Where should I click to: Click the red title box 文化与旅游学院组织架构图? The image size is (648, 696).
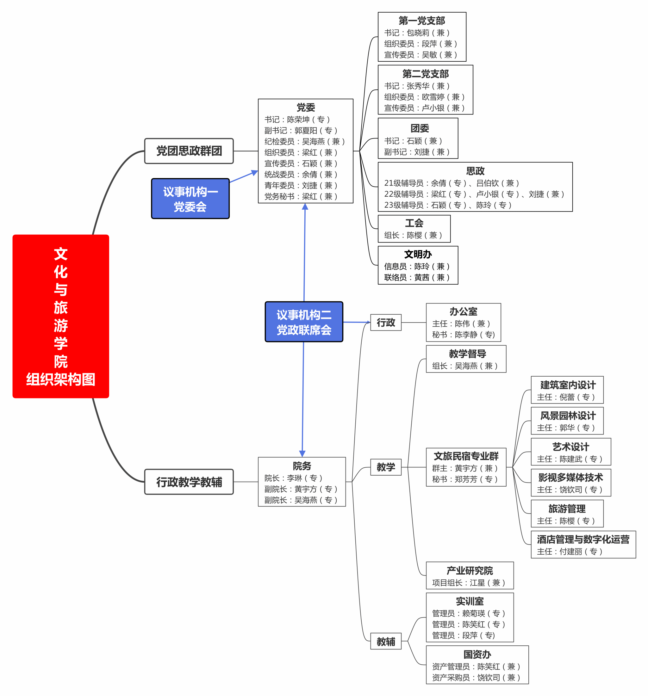click(x=61, y=316)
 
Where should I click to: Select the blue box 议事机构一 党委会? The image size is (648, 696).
click(x=190, y=199)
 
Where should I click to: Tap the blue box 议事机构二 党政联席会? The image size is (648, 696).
click(x=304, y=322)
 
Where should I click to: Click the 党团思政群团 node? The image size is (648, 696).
click(x=189, y=151)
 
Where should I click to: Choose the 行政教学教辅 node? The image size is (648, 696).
click(x=189, y=482)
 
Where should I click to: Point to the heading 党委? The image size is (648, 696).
click(x=305, y=107)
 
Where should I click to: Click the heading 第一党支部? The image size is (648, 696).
click(x=422, y=21)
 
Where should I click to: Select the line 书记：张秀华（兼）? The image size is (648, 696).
click(x=416, y=86)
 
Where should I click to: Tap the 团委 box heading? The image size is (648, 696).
click(x=420, y=128)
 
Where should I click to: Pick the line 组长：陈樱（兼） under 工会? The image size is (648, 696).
click(x=413, y=235)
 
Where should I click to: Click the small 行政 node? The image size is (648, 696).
click(x=386, y=322)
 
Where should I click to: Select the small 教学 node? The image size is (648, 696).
click(x=386, y=467)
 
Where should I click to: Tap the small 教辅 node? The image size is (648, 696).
click(x=386, y=641)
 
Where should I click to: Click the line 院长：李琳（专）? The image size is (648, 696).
click(x=293, y=478)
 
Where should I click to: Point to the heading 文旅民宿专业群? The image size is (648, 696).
click(x=466, y=456)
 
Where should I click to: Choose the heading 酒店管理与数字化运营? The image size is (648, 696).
click(x=583, y=539)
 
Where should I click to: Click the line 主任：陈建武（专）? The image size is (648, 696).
click(x=570, y=459)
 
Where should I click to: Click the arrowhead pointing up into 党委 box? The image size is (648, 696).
click(x=305, y=206)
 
